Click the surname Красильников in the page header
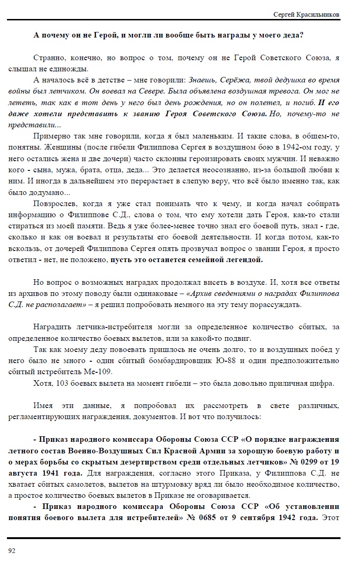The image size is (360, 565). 320,14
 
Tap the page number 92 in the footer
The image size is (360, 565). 12,550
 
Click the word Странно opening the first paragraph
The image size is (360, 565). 49,58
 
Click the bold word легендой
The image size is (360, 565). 243,260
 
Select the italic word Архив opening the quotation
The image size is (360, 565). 200,294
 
